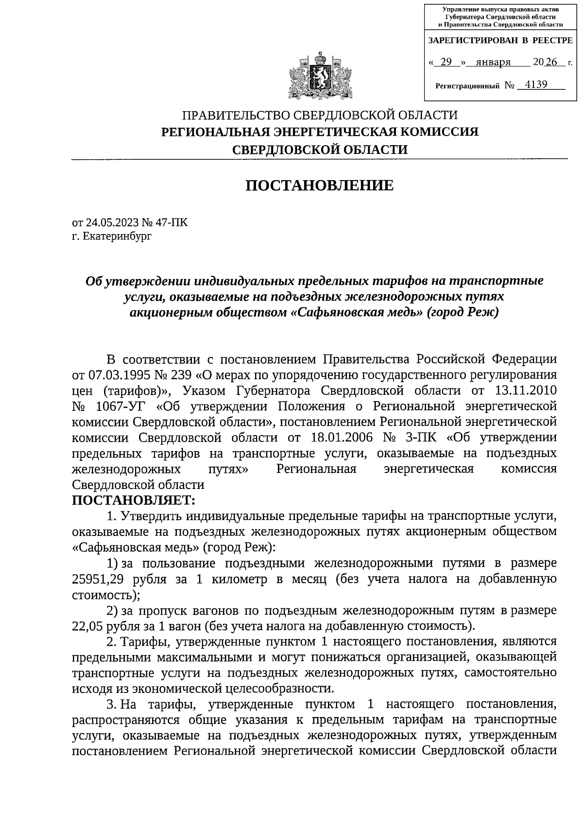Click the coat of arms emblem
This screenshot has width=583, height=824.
point(319,77)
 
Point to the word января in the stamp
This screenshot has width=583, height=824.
point(493,62)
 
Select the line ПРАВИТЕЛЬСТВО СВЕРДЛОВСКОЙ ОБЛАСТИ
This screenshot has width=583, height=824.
point(319,116)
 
